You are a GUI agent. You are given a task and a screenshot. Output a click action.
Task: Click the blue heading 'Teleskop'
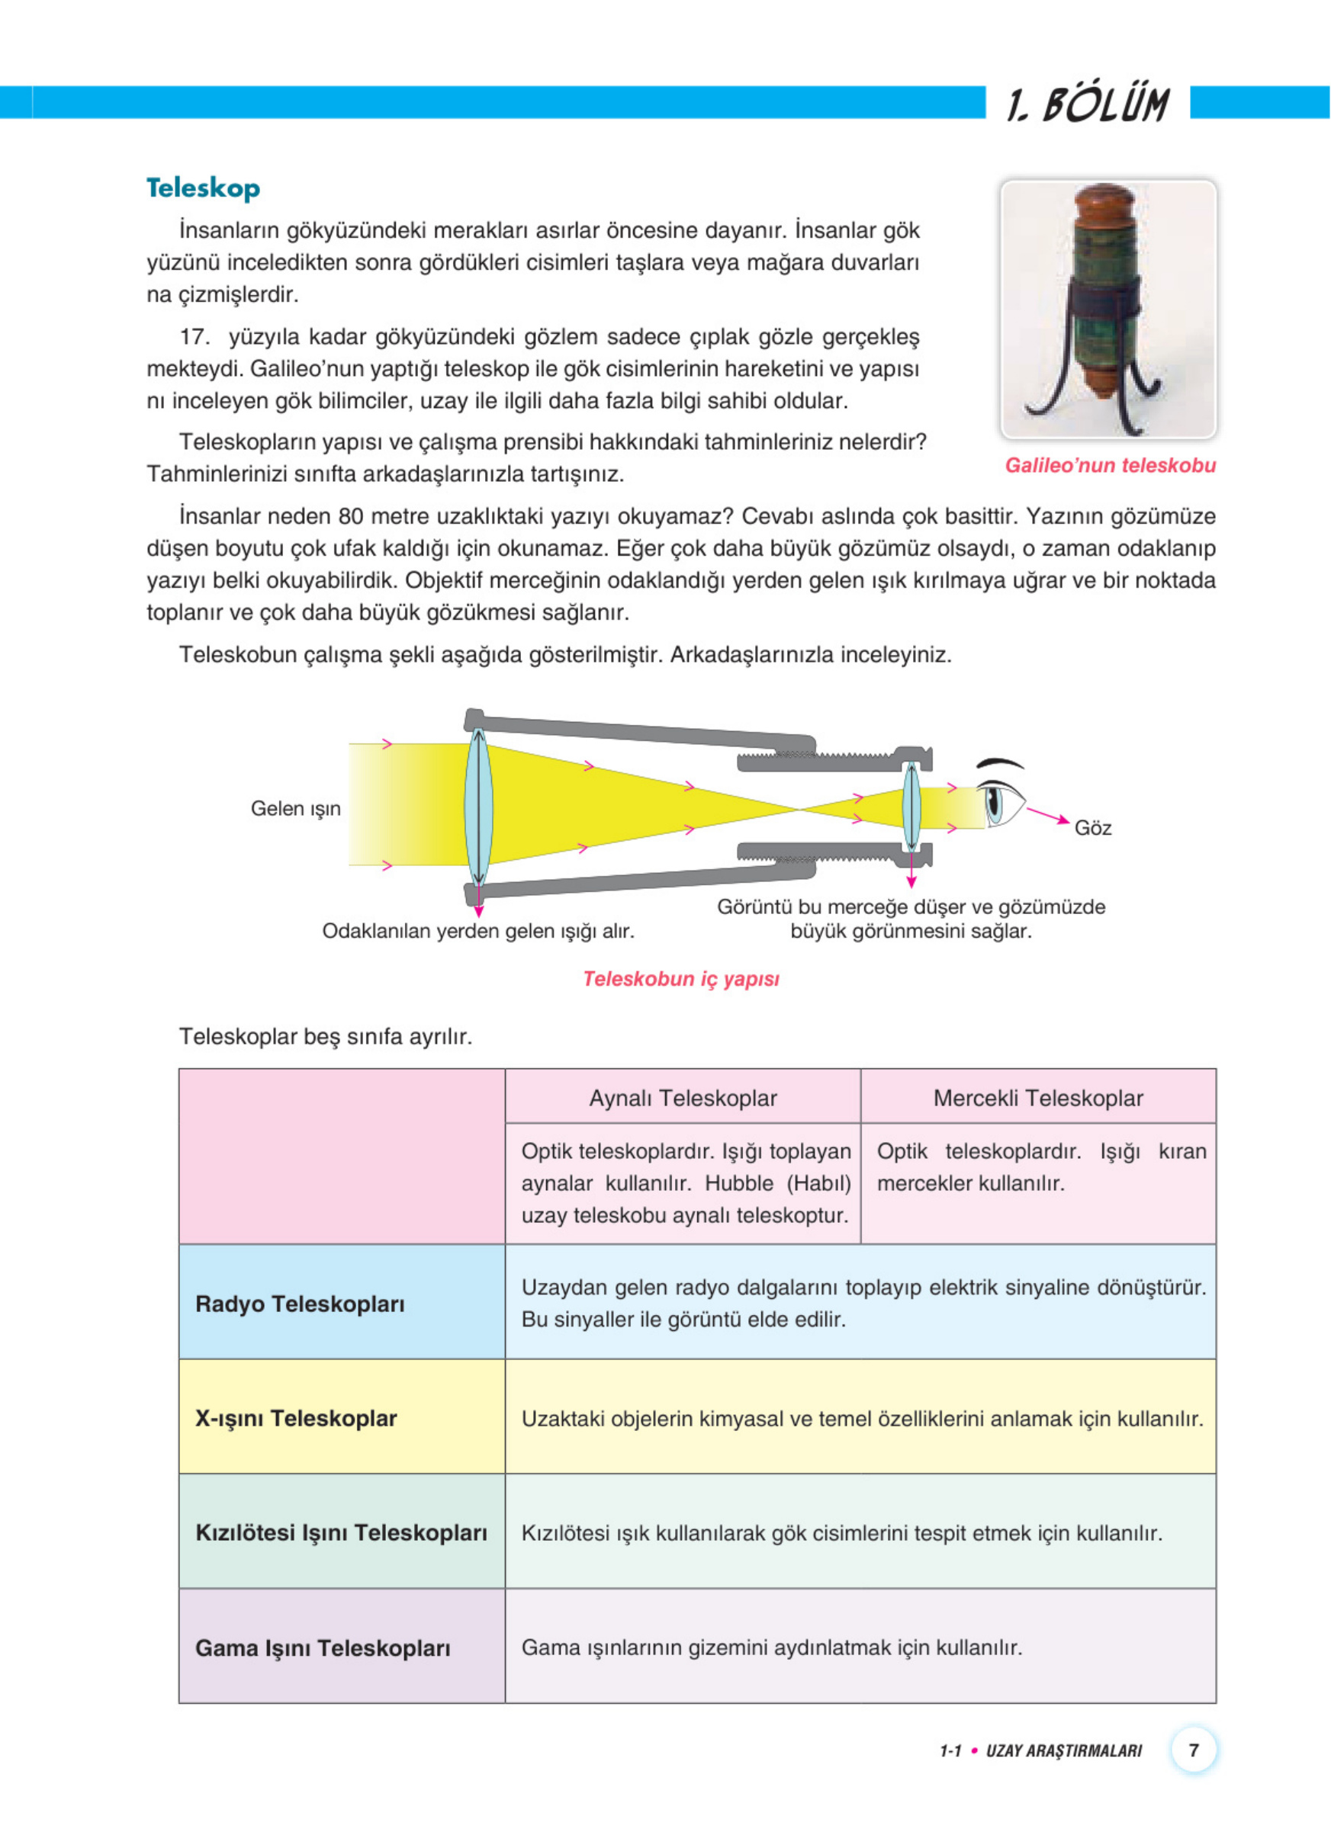[x=203, y=188]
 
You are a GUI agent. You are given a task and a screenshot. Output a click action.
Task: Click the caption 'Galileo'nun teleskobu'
[x=1109, y=465]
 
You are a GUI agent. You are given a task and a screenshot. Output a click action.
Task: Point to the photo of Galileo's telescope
[x=1108, y=309]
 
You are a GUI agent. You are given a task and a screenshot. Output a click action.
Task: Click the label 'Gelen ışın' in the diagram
[x=295, y=808]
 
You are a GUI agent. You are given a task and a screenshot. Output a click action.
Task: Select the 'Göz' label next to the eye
[x=1092, y=828]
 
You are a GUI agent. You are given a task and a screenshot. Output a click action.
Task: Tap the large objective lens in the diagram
[x=478, y=807]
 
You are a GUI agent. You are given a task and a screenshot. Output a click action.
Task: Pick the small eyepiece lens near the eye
[x=911, y=807]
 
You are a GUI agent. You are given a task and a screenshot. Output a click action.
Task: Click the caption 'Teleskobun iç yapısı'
[x=680, y=979]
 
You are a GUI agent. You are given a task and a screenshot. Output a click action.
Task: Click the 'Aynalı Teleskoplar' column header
[x=682, y=1098]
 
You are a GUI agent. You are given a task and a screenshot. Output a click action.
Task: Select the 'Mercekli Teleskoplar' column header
[x=1037, y=1098]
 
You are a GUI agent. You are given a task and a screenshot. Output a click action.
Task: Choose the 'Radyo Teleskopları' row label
[x=300, y=1304]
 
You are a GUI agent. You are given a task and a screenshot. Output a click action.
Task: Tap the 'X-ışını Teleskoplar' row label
[x=296, y=1418]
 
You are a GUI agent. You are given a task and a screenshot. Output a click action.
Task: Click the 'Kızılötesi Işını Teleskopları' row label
[x=341, y=1532]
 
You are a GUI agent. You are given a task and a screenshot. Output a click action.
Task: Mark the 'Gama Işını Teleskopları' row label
[x=323, y=1647]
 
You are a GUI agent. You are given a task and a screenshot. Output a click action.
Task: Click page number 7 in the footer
[x=1193, y=1750]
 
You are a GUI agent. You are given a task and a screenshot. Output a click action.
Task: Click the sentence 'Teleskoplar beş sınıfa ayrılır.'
[x=325, y=1036]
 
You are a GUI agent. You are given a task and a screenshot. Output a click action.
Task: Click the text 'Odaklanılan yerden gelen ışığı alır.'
[x=477, y=931]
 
